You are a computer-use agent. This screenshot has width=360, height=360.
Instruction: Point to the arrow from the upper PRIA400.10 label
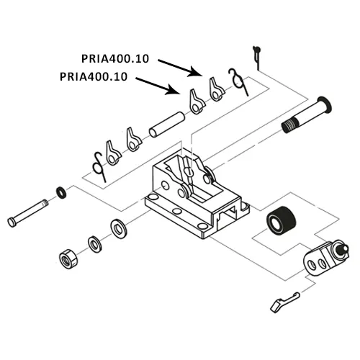coord(180,67)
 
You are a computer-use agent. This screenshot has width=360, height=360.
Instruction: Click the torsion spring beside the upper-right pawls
coord(235,80)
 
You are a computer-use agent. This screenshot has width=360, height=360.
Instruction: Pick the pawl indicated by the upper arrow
coord(215,89)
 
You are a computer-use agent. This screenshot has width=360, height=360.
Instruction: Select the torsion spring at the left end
coord(97,163)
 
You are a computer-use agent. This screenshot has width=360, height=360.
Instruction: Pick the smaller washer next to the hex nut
coord(94,243)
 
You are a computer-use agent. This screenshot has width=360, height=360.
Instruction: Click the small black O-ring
coord(63,192)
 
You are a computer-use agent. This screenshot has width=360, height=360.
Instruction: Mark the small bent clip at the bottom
coord(283,300)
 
